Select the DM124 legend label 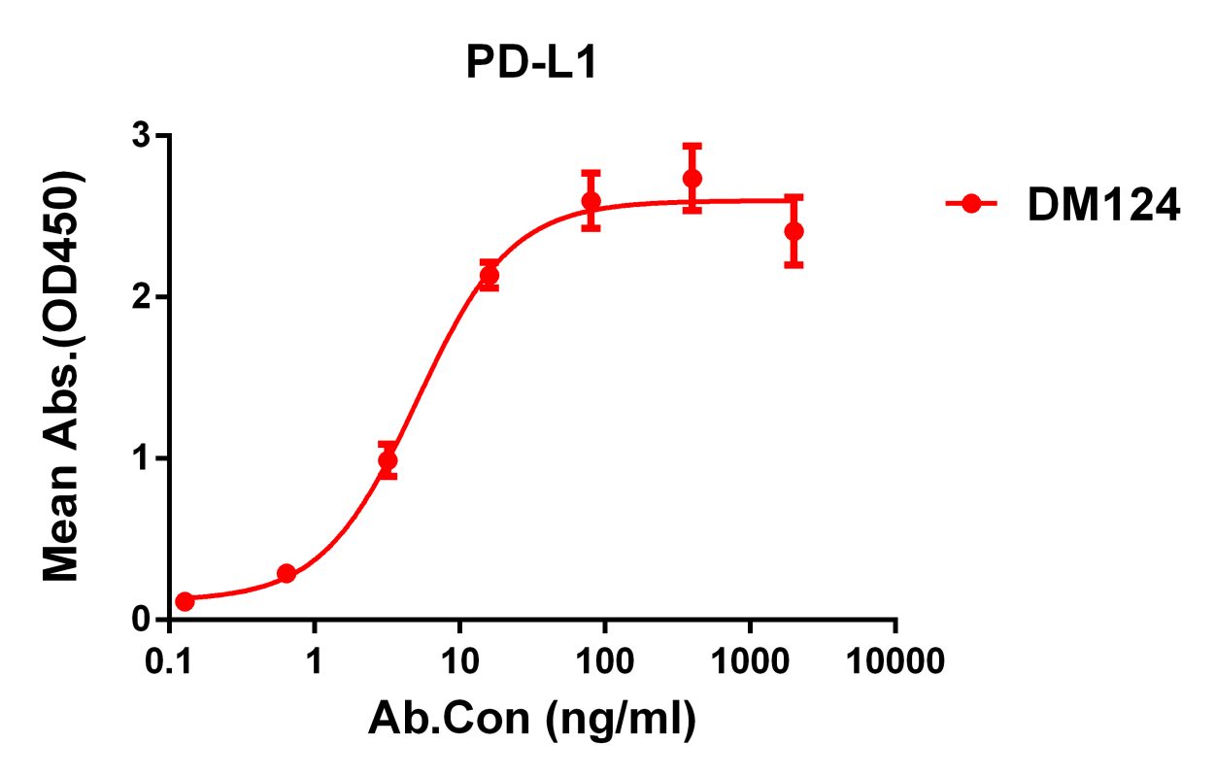tap(1103, 206)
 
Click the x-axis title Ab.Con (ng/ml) tap(532, 720)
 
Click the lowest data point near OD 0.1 tap(185, 601)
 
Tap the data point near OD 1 tap(388, 460)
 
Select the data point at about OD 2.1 tap(489, 275)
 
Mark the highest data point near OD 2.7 tap(692, 179)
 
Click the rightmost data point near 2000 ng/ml tap(793, 230)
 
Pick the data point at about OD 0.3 tap(286, 573)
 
